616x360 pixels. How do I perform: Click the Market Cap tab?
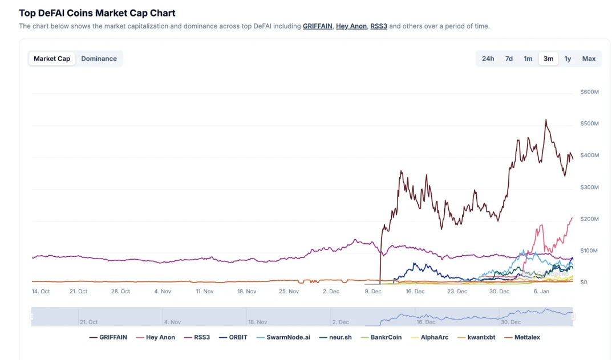[52, 59]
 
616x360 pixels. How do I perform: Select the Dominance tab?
[99, 59]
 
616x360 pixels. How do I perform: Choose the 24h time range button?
[488, 59]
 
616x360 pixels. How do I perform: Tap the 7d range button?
[509, 59]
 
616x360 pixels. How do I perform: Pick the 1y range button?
[568, 59]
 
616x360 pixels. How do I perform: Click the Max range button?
[589, 59]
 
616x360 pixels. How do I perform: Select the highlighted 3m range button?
[548, 59]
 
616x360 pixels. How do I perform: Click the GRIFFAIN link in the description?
[317, 26]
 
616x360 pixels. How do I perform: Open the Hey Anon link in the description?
[351, 26]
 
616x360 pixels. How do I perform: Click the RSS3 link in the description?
[379, 26]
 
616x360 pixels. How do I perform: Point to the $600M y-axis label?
[589, 92]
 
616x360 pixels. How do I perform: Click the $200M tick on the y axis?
[589, 219]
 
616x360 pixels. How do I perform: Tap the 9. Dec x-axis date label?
[373, 291]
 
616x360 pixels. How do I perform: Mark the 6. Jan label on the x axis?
[541, 291]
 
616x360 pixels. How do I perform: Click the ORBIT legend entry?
[234, 337]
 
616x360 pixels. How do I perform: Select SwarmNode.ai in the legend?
[284, 337]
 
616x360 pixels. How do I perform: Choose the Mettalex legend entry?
[522, 337]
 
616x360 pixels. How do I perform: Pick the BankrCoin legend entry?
[382, 337]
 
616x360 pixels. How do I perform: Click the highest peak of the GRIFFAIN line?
[546, 120]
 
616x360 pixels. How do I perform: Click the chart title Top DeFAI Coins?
[97, 13]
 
